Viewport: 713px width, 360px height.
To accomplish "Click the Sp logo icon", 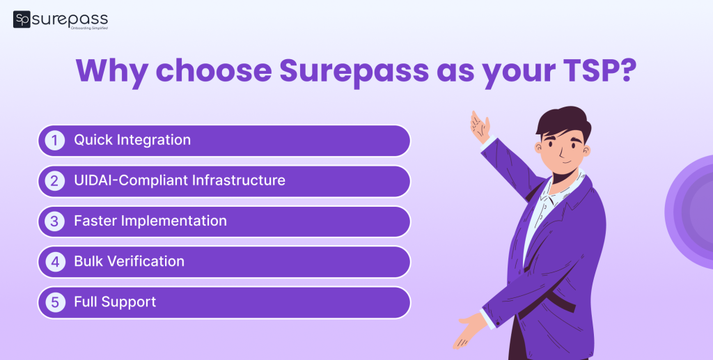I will click(22, 19).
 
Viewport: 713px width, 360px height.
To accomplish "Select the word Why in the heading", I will click(111, 71).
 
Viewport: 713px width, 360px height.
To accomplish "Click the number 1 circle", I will click(54, 141).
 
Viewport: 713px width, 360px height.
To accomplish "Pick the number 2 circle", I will click(54, 181).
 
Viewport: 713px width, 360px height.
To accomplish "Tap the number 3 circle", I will click(54, 221).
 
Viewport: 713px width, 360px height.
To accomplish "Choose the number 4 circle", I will click(54, 262).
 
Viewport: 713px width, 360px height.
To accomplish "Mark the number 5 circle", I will click(54, 302).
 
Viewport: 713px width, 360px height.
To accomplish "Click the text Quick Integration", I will click(132, 140).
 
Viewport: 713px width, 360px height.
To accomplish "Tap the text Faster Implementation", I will click(150, 221).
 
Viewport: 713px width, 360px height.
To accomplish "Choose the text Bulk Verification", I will click(130, 261).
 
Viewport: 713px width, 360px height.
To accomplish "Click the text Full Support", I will click(115, 302).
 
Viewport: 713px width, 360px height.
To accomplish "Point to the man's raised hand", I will click(480, 126).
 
